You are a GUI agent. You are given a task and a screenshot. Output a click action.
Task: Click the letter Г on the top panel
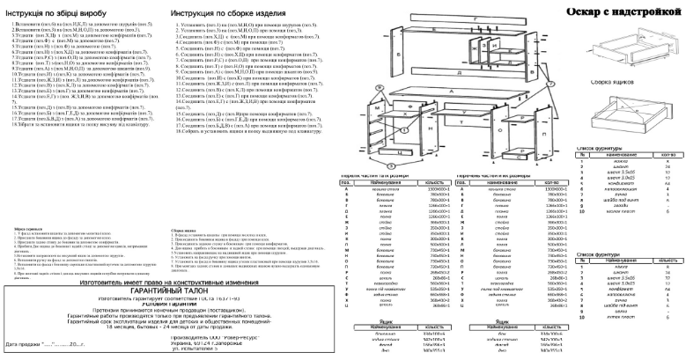(476, 19)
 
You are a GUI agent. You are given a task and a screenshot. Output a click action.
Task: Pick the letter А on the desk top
(451, 91)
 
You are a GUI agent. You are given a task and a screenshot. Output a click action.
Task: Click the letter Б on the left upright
(398, 54)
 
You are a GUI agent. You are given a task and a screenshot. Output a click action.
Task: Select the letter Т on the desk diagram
(461, 122)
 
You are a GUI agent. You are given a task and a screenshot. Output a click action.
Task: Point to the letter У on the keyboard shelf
(464, 112)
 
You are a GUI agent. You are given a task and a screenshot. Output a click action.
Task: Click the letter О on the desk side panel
(500, 130)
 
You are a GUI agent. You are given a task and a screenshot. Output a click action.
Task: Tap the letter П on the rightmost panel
(544, 134)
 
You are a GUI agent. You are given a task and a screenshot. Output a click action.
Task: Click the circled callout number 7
(551, 84)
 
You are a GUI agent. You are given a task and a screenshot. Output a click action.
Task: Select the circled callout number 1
(404, 130)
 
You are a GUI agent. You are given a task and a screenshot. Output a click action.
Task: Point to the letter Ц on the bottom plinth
(401, 153)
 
